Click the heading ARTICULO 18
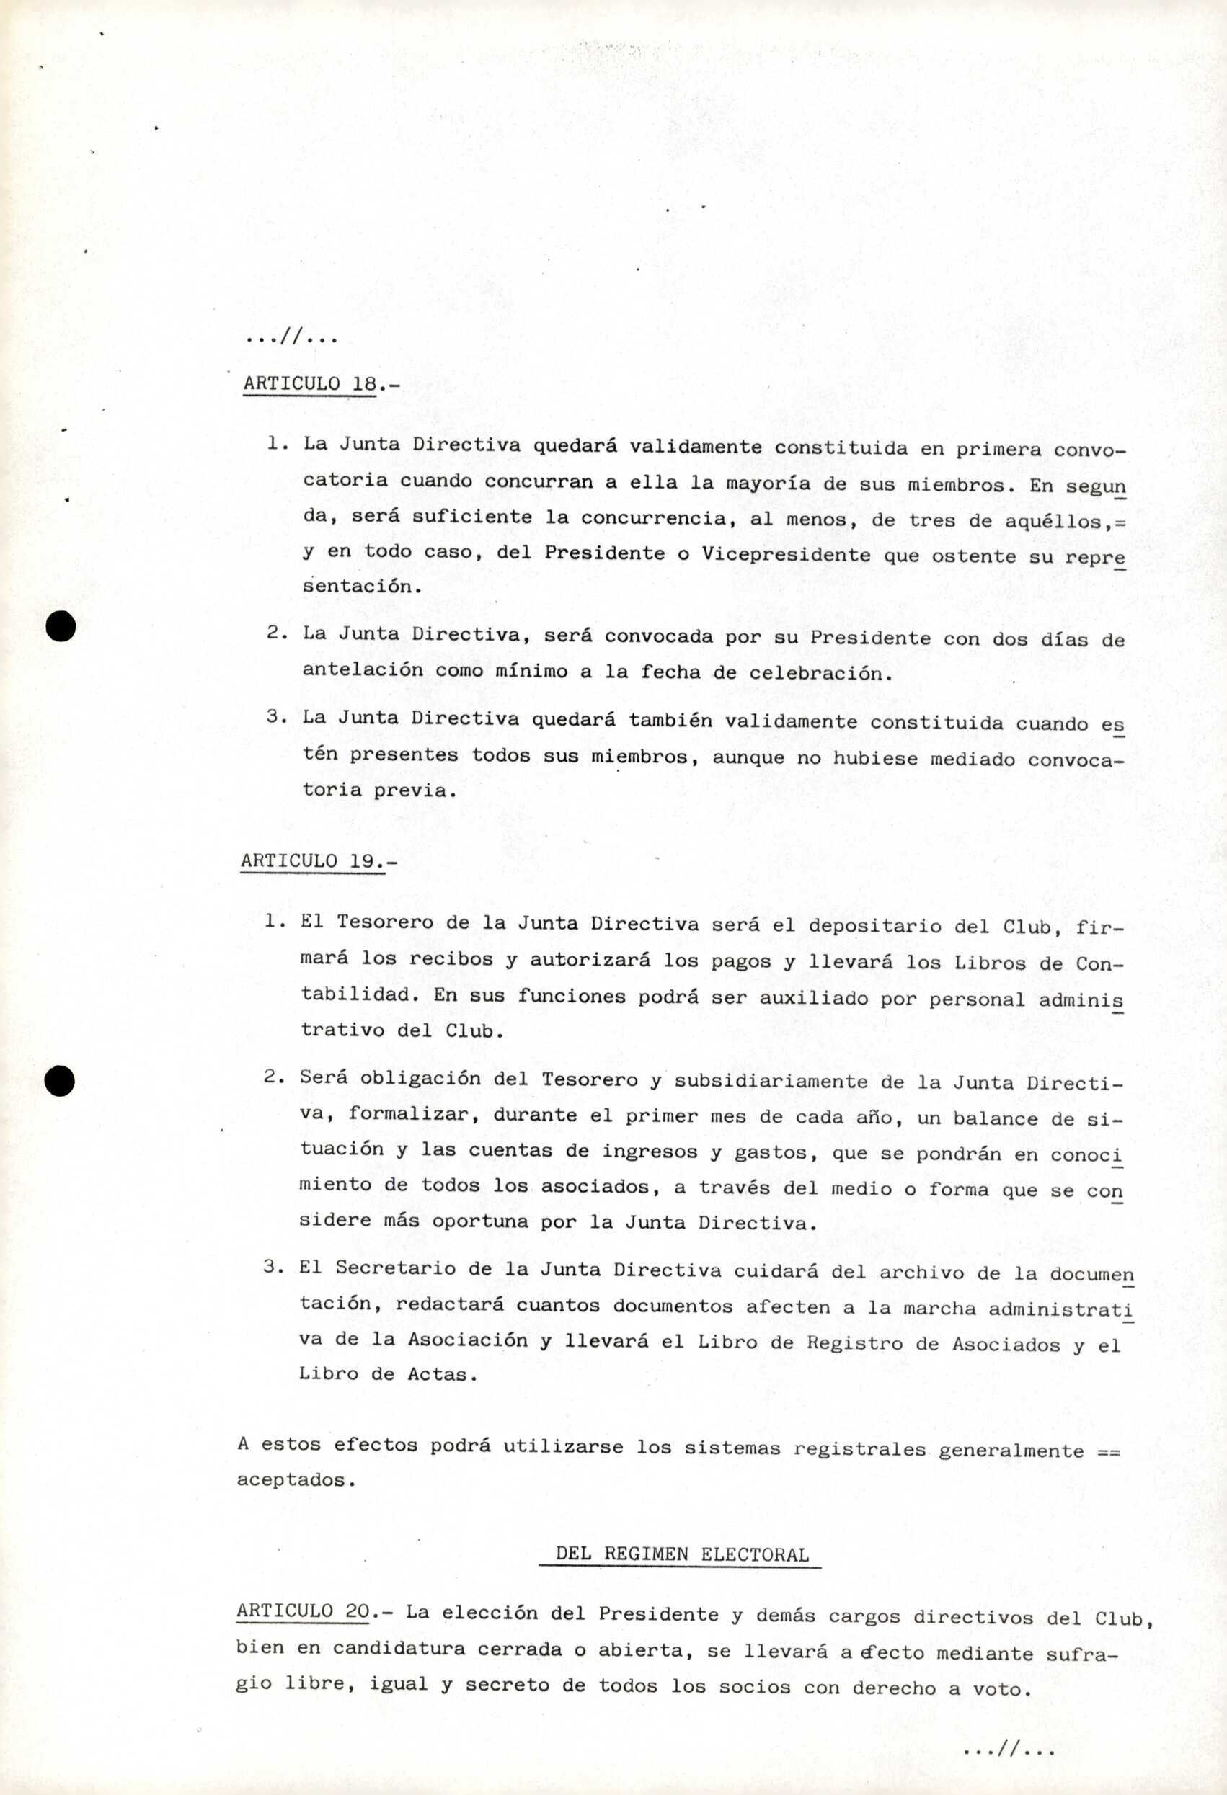pos(309,384)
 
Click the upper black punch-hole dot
pos(60,626)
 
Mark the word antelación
pos(363,669)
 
